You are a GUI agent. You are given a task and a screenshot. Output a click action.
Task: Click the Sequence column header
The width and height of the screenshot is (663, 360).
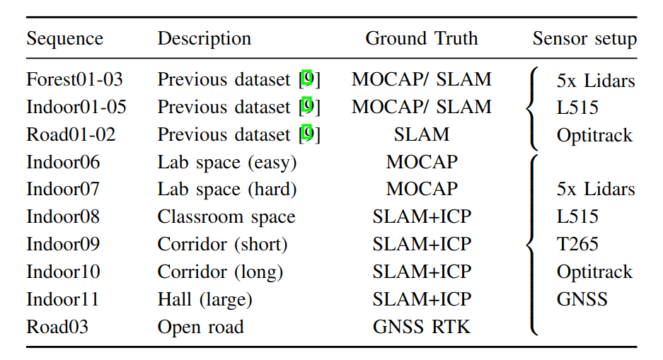tap(64, 38)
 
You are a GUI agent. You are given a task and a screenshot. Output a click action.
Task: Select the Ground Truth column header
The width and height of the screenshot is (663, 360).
tap(421, 38)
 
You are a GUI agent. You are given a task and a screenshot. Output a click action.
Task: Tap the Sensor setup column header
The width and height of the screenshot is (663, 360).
tap(584, 38)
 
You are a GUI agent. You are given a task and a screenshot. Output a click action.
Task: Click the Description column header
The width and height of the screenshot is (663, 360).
tap(204, 38)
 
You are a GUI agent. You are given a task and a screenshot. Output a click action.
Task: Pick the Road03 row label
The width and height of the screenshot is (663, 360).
tap(56, 327)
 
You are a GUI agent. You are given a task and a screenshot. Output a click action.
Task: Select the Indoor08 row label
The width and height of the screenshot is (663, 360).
tap(63, 216)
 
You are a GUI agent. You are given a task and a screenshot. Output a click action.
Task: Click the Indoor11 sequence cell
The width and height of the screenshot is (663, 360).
tap(63, 299)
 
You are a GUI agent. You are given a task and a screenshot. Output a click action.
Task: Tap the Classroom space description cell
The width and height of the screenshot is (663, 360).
tap(226, 216)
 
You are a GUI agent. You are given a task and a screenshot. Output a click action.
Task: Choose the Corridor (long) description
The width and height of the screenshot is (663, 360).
tap(220, 272)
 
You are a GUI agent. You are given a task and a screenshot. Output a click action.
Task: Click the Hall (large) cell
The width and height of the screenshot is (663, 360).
tap(204, 299)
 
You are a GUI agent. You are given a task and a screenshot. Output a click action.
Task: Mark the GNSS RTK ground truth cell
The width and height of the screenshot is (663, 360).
tap(421, 327)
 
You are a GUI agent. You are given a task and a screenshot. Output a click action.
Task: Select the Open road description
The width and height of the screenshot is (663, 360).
tap(200, 327)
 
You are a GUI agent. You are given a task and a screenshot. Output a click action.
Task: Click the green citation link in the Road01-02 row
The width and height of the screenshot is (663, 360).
tap(307, 133)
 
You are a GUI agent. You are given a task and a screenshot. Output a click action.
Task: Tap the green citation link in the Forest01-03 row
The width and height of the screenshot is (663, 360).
tap(307, 79)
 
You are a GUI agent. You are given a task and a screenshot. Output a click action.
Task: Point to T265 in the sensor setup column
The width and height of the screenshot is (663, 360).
tap(577, 244)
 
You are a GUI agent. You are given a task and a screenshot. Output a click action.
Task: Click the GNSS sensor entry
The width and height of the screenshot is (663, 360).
tap(582, 299)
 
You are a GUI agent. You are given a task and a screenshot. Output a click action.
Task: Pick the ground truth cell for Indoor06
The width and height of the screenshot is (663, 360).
tap(421, 162)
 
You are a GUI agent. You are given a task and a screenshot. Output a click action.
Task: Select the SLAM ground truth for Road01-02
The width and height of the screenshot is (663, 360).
tap(421, 134)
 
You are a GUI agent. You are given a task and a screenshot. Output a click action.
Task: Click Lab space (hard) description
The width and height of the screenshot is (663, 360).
tap(226, 189)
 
